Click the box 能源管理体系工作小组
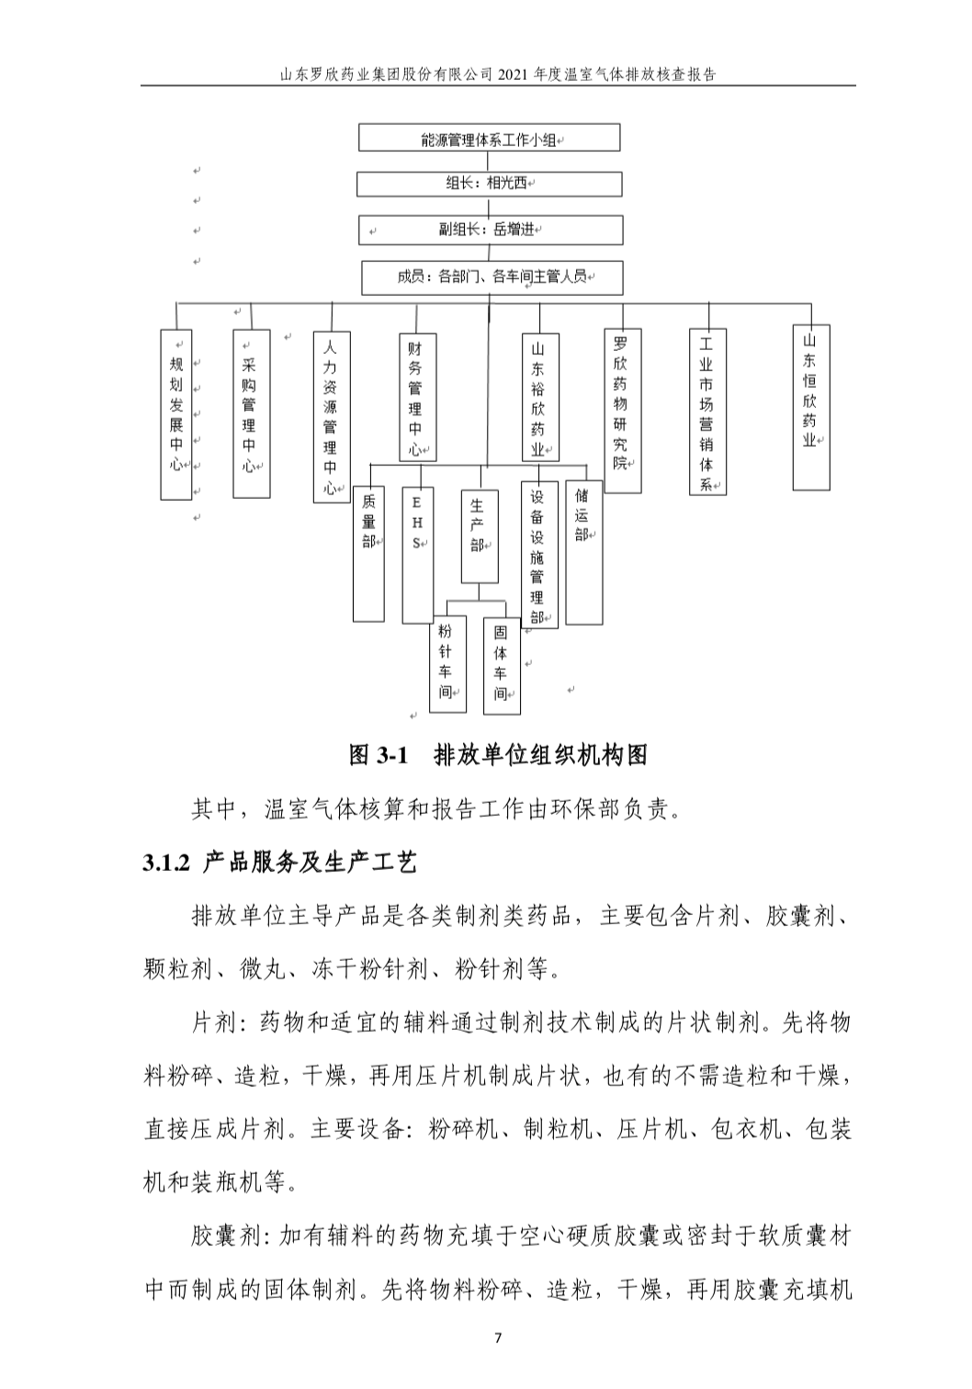point(489,139)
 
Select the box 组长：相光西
point(489,184)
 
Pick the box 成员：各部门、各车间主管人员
point(492,277)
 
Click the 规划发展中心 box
point(176,414)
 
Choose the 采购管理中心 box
point(251,414)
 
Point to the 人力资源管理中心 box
point(331,417)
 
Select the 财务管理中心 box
point(417,397)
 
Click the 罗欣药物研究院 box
point(622,411)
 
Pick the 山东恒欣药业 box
point(811,406)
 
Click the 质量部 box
point(368,553)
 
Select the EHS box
point(417,554)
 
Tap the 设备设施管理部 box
point(539,555)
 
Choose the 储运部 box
point(583,553)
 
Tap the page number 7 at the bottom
point(498,1338)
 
